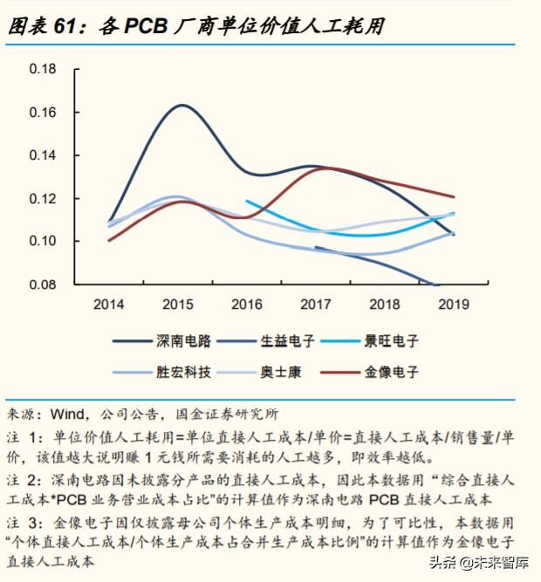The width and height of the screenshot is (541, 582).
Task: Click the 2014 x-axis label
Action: pos(109,305)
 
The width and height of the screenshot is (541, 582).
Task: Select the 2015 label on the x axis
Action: pos(178,305)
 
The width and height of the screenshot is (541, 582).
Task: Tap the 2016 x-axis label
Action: pos(247,305)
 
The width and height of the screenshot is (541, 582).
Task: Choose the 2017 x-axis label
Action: pos(316,305)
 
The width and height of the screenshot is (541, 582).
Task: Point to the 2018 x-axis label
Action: pos(385,305)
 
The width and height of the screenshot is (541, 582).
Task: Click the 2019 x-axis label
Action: pos(454,305)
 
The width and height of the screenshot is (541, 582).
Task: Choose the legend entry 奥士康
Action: pos(281,372)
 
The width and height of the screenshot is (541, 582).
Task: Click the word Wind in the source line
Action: pos(69,413)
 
